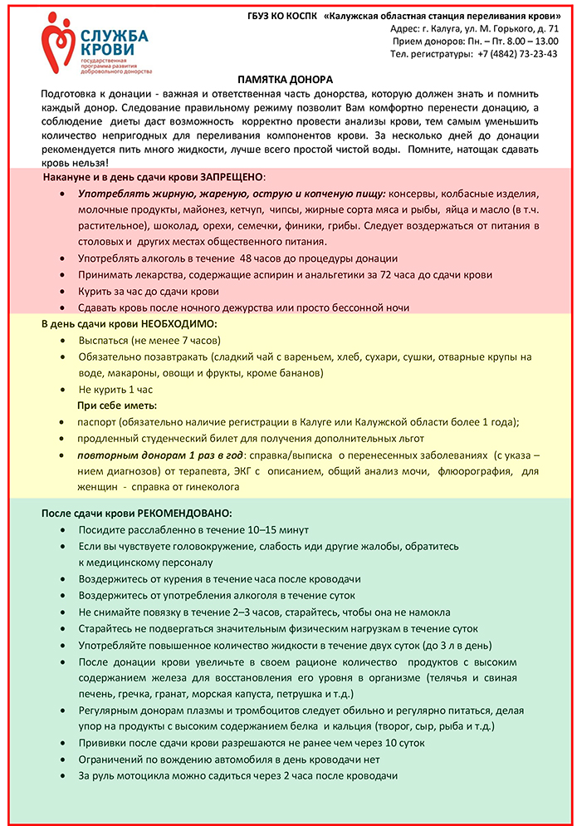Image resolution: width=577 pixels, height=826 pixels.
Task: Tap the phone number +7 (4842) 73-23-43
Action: [517, 53]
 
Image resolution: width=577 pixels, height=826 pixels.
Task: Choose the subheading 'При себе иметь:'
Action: [117, 406]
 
